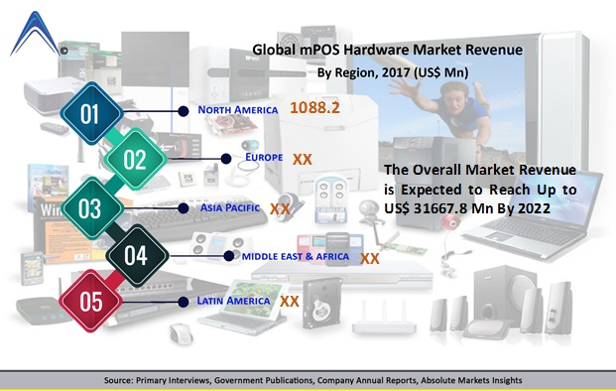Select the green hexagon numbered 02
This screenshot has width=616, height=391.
pos(135,160)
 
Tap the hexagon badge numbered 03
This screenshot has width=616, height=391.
pos(89,208)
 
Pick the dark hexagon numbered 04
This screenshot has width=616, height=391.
pos(136,256)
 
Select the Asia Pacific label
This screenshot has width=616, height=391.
pos(232,208)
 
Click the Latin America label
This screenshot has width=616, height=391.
pos(234,300)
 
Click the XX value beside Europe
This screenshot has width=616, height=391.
pos(303,158)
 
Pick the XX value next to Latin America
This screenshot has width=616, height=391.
pos(290,300)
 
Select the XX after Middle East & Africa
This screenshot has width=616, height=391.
pos(370,258)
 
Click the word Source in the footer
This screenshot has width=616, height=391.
pos(123,381)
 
